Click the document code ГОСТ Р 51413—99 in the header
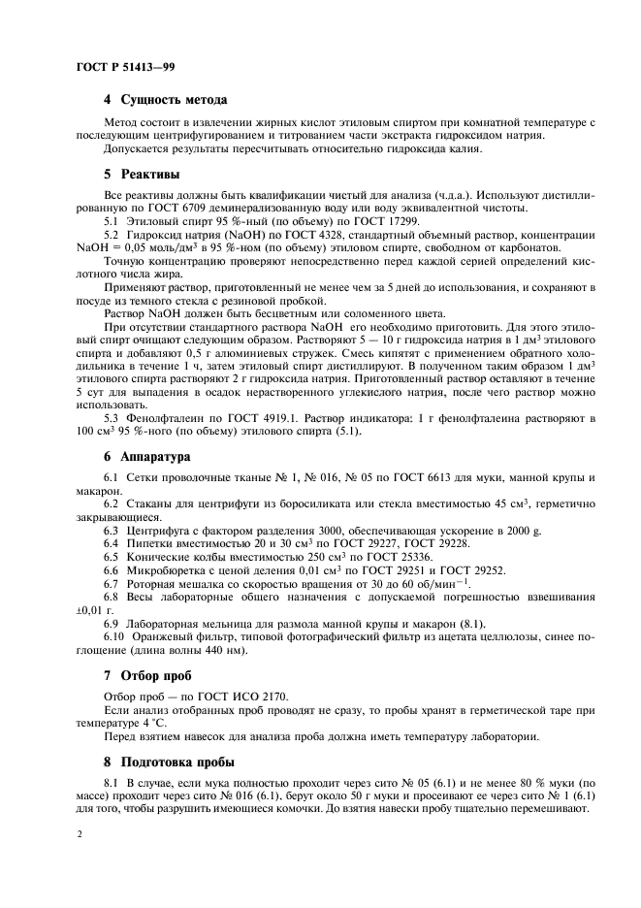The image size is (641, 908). (124, 66)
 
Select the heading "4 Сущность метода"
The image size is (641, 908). (165, 100)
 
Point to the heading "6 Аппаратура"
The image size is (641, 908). (148, 455)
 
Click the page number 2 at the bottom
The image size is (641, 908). (78, 833)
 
